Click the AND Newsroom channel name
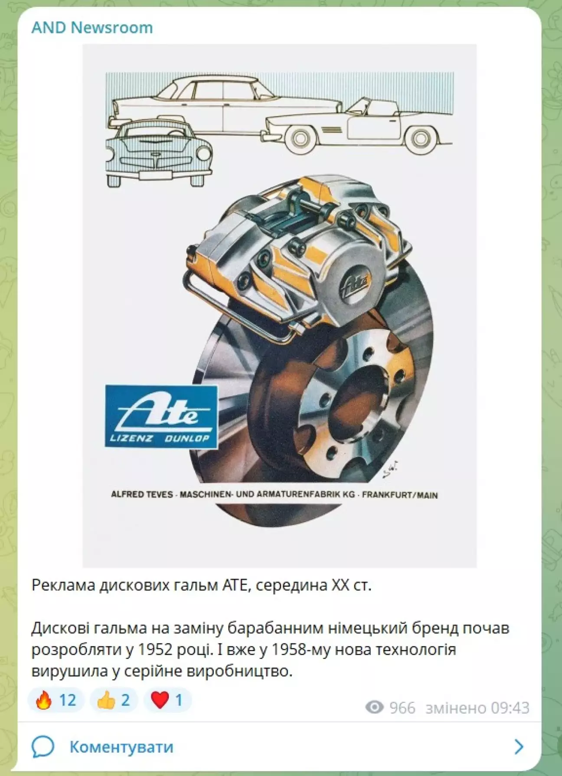pyautogui.click(x=92, y=27)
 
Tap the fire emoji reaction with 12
pyautogui.click(x=56, y=700)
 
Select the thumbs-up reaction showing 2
pyautogui.click(x=114, y=700)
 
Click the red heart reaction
pyautogui.click(x=167, y=700)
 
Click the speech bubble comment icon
pyautogui.click(x=42, y=747)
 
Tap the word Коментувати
pyautogui.click(x=121, y=747)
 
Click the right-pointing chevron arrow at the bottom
pyautogui.click(x=519, y=747)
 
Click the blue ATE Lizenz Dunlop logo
pyautogui.click(x=161, y=416)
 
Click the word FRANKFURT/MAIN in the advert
pyautogui.click(x=400, y=495)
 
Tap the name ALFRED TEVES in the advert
pyautogui.click(x=142, y=494)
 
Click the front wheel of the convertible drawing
pyautogui.click(x=300, y=138)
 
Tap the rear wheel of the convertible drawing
pyautogui.click(x=420, y=138)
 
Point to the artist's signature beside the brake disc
pyautogui.click(x=390, y=469)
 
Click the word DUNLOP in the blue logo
pyautogui.click(x=187, y=439)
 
